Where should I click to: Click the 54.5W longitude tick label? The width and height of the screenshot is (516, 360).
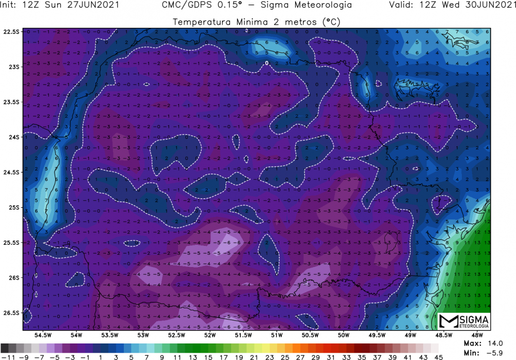pyautogui.click(x=43, y=335)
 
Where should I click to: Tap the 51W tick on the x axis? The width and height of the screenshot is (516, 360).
pyautogui.click(x=277, y=335)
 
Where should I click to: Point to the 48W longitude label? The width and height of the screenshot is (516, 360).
pyautogui.click(x=477, y=335)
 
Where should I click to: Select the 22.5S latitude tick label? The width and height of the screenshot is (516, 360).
pyautogui.click(x=11, y=32)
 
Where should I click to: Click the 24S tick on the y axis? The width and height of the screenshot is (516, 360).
pyautogui.click(x=11, y=137)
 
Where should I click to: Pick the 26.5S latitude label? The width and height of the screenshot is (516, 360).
pyautogui.click(x=11, y=312)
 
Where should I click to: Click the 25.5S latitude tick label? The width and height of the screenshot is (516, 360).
pyautogui.click(x=11, y=242)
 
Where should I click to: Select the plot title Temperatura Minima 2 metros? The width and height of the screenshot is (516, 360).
pyautogui.click(x=256, y=22)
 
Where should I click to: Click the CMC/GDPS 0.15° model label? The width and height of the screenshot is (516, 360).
pyautogui.click(x=256, y=6)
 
